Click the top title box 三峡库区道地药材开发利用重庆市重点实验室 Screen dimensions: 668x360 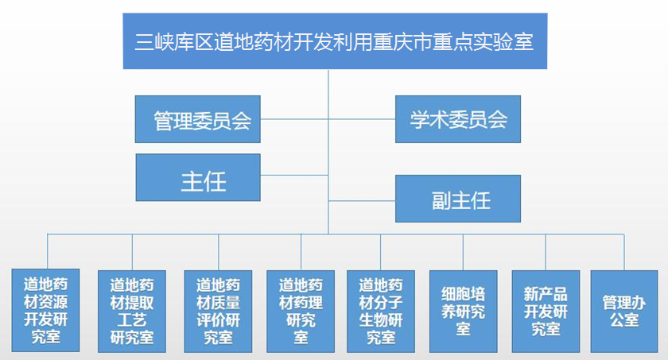click(335, 41)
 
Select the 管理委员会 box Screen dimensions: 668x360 click(198, 119)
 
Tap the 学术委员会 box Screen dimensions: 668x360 click(458, 119)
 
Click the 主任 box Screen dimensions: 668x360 click(198, 177)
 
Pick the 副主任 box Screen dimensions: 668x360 click(458, 199)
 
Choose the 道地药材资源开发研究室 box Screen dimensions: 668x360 click(45, 310)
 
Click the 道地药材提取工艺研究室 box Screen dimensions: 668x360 click(132, 311)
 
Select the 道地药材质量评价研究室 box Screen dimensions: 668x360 click(218, 311)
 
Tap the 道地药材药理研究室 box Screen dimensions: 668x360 click(301, 311)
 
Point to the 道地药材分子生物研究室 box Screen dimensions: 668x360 click(381, 311)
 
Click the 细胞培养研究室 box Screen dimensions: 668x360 click(464, 311)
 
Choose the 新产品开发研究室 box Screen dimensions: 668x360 click(546, 311)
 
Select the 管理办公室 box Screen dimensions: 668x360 click(624, 311)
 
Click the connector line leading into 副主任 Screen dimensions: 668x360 click(362, 200)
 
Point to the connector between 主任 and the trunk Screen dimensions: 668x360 click(294, 175)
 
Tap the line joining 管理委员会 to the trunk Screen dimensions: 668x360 click(294, 119)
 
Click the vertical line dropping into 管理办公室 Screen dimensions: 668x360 click(624, 252)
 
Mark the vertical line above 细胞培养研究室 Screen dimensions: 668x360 click(463, 252)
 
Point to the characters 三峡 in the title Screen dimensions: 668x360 click(154, 41)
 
